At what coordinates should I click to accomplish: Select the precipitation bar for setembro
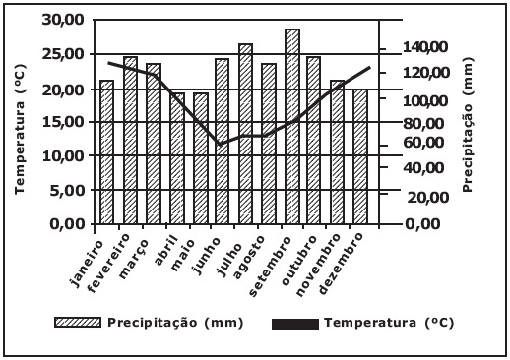coord(292,127)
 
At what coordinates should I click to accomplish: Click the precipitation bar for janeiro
coord(107,152)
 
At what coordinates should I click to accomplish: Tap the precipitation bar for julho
coord(246,134)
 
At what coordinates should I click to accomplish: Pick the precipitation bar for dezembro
coord(360,156)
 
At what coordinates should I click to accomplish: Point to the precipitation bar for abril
coord(177,158)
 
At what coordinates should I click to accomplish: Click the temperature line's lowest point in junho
coord(220,144)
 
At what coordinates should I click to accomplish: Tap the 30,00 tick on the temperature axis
coord(63,20)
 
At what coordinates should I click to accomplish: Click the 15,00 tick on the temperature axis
coord(63,122)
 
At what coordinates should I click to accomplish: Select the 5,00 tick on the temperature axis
coord(67,190)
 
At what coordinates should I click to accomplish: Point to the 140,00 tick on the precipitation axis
coord(425,47)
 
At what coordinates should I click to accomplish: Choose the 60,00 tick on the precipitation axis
coord(425,143)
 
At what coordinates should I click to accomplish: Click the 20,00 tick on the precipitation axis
coord(427,197)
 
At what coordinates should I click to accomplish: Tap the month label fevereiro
coord(110,263)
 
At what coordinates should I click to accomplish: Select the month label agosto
coord(248,257)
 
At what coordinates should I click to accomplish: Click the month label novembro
coord(317,265)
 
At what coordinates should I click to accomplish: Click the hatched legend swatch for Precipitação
coord(78,323)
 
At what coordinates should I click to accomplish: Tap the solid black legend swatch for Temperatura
coord(295,324)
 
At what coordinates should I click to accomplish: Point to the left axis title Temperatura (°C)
coord(20,129)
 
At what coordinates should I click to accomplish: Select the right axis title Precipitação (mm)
coord(468,124)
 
